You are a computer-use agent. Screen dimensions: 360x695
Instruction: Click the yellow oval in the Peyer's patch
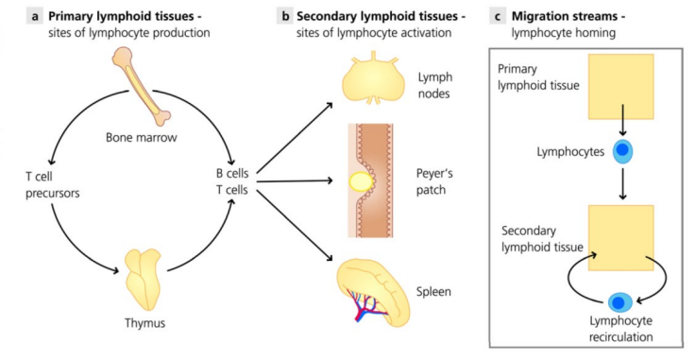pos(359,181)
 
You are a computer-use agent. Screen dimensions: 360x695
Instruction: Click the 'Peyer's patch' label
pos(435,180)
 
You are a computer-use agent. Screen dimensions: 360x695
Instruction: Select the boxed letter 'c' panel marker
pos(497,16)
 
